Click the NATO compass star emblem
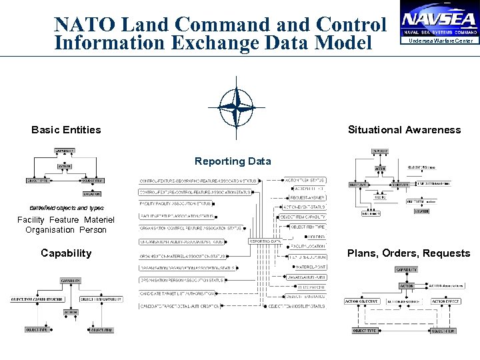tap(236, 106)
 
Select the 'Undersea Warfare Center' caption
tap(440, 41)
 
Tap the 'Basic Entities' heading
tap(66, 130)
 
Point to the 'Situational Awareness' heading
tap(404, 130)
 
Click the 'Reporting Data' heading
tap(233, 161)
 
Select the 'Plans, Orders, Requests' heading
tap(409, 253)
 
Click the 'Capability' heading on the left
tap(66, 253)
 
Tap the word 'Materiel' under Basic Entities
tap(99, 220)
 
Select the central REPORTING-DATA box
tap(265, 241)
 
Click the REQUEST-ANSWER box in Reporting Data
tap(307, 197)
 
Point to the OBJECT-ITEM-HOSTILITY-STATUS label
tap(297, 306)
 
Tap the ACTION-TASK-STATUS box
tap(305, 180)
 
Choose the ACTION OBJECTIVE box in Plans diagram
tap(361, 301)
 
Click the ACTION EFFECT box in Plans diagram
tap(445, 301)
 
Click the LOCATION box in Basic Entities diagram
tap(93, 194)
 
